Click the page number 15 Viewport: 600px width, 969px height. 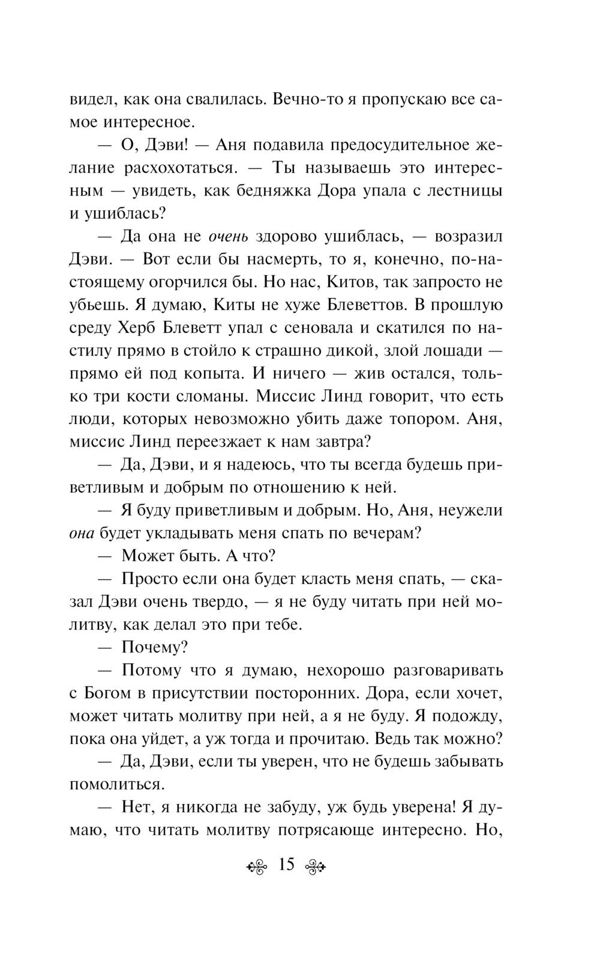286,865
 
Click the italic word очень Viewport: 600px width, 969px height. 228,236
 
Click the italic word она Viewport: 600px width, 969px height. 83,533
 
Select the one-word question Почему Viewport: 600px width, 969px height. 154,647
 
